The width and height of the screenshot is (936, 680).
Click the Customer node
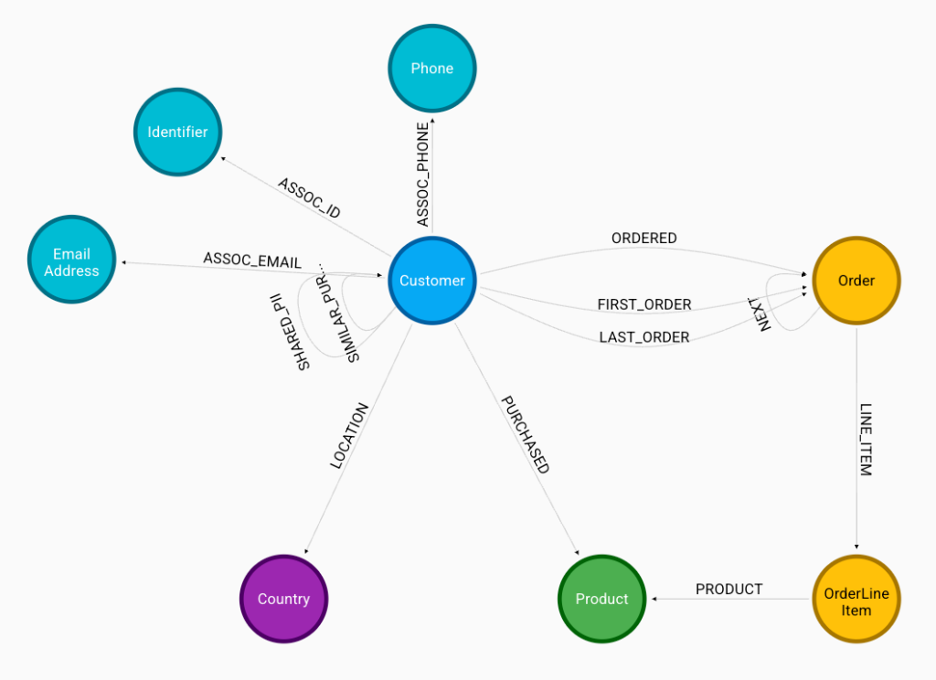pyautogui.click(x=432, y=281)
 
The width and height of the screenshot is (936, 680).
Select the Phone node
pyautogui.click(x=432, y=69)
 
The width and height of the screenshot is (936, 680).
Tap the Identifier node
pyautogui.click(x=177, y=132)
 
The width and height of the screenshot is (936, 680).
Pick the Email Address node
pyautogui.click(x=71, y=262)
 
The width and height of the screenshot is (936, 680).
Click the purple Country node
pyautogui.click(x=283, y=599)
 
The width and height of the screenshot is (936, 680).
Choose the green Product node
pyautogui.click(x=601, y=599)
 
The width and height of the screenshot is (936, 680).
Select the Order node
pyautogui.click(x=856, y=281)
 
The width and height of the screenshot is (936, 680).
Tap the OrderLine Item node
pyautogui.click(x=856, y=600)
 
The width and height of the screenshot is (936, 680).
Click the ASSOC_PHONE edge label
pyautogui.click(x=423, y=174)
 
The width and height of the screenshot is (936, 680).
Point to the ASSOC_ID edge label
pyautogui.click(x=309, y=197)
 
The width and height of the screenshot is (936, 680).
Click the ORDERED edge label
pyautogui.click(x=644, y=239)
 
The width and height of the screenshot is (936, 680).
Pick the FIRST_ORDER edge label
pyautogui.click(x=644, y=304)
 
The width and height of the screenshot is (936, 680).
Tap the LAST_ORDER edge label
pyautogui.click(x=644, y=337)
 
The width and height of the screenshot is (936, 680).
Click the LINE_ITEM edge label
pyautogui.click(x=865, y=440)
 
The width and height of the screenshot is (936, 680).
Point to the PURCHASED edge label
pyautogui.click(x=525, y=434)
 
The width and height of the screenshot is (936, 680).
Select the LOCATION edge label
pyautogui.click(x=349, y=436)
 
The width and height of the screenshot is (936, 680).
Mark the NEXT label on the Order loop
pyautogui.click(x=764, y=313)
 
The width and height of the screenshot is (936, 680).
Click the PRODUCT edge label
pyautogui.click(x=729, y=590)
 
